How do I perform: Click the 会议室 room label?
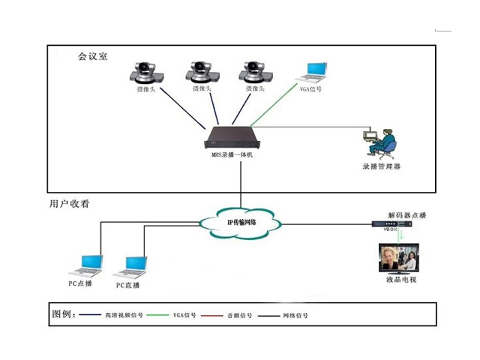coord(93,56)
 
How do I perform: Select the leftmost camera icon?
coord(142,73)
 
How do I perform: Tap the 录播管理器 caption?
coord(381,166)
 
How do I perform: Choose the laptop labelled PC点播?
coord(85,264)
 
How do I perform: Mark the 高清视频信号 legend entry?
coord(123,316)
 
